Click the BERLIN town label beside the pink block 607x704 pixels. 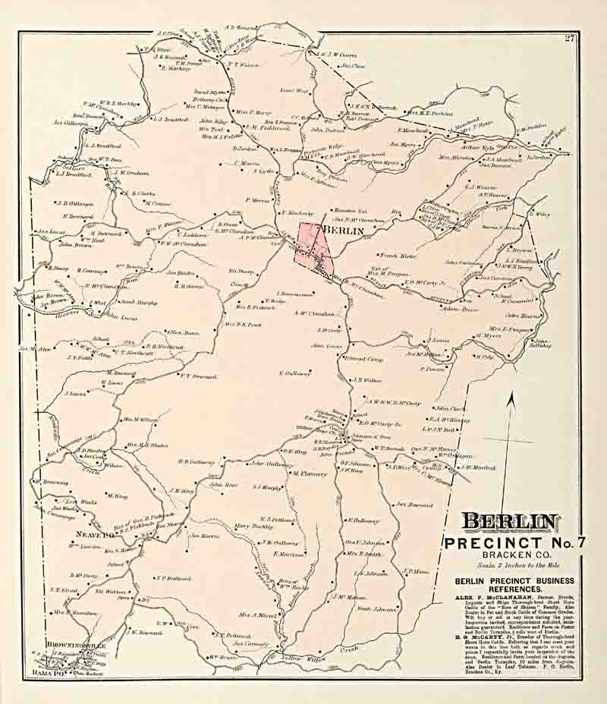point(344,231)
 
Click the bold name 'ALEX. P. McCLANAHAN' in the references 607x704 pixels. point(483,598)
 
